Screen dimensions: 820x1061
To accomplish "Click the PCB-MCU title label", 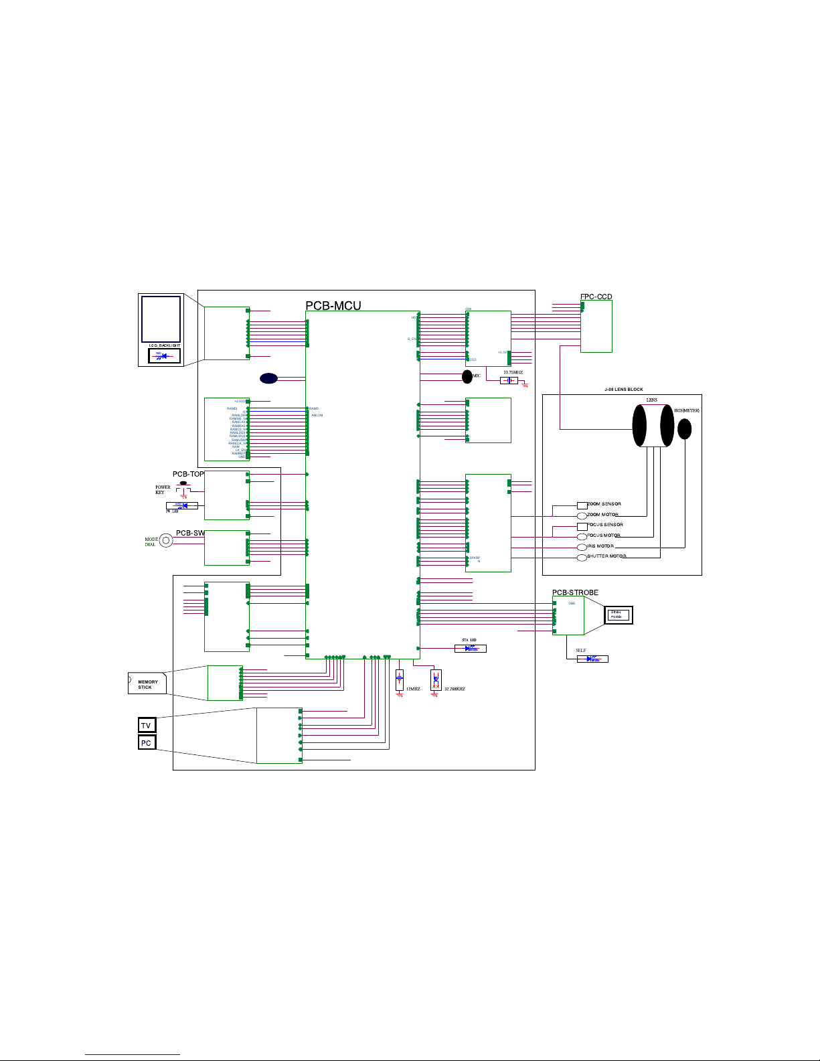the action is (x=333, y=306).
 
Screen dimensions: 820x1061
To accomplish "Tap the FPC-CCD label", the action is (x=596, y=297).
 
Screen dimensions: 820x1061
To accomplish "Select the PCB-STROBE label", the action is (x=575, y=592).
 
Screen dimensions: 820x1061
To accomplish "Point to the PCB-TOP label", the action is (x=188, y=474).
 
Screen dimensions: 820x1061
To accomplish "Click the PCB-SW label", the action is (x=190, y=533).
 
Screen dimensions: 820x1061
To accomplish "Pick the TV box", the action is (x=146, y=725).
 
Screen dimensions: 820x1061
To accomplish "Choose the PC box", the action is (x=146, y=742).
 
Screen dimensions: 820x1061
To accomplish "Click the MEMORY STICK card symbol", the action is (x=147, y=683).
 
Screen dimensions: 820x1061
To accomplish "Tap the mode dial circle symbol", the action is (x=166, y=541).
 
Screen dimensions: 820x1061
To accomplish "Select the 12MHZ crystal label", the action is (x=413, y=689).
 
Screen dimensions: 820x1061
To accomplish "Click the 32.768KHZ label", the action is (x=455, y=689).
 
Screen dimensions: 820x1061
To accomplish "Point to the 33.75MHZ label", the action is (x=513, y=372).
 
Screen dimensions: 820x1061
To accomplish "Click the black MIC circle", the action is (x=467, y=377).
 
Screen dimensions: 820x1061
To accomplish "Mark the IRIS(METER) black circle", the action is (x=684, y=428).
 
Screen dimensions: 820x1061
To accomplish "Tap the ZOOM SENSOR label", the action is (x=604, y=504).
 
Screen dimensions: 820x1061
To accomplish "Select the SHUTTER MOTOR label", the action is (x=606, y=556).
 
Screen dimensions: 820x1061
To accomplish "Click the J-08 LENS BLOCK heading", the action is (x=623, y=389).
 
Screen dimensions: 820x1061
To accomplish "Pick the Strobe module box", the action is (x=618, y=615).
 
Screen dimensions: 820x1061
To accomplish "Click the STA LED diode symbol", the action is (x=471, y=648).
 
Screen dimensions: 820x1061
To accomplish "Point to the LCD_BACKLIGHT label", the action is (x=165, y=345).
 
